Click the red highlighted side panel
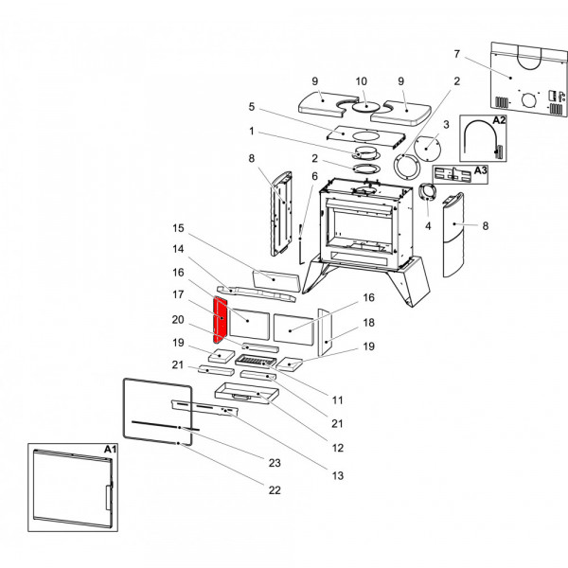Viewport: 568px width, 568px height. pyautogui.click(x=219, y=321)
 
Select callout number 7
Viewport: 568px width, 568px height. pyautogui.click(x=456, y=54)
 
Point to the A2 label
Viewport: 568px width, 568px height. pyautogui.click(x=499, y=121)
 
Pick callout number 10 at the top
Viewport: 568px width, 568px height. pyautogui.click(x=361, y=81)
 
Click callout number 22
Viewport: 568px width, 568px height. pyautogui.click(x=275, y=489)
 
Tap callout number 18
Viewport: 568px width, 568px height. pyautogui.click(x=369, y=322)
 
